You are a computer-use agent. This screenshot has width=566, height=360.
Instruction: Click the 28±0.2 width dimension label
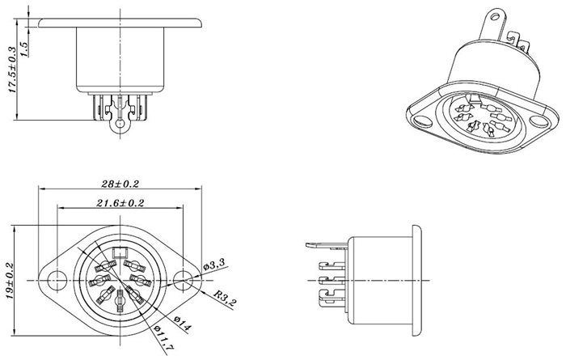120,184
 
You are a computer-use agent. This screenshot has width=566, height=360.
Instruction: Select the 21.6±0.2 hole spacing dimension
120,203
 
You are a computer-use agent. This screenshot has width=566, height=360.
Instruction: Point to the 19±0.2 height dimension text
9,281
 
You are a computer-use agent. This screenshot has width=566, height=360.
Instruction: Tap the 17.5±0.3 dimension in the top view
12,70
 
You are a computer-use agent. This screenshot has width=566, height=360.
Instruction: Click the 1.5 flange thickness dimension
24,49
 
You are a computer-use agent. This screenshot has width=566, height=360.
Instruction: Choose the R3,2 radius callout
223,299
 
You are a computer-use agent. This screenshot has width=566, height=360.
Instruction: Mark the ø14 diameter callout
182,324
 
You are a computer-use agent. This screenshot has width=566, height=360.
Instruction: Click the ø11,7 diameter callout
163,337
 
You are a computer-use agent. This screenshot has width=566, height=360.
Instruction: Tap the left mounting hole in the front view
57,280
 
